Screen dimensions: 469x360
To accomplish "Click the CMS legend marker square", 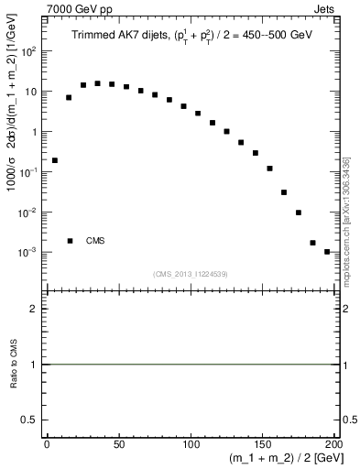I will pyautogui.click(x=71, y=241).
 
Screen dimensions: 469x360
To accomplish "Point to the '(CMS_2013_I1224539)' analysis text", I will pyautogui.click(x=190, y=273).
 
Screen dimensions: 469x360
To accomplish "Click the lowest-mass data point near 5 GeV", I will pyautogui.click(x=54, y=160).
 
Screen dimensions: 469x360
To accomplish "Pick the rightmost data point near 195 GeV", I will pyautogui.click(x=327, y=252).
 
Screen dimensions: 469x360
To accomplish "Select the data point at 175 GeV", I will pyautogui.click(x=299, y=213).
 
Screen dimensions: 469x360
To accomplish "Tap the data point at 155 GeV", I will pyautogui.click(x=270, y=169).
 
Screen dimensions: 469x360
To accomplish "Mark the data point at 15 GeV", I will pyautogui.click(x=69, y=97).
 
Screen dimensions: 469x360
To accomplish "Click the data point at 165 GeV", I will pyautogui.click(x=284, y=192).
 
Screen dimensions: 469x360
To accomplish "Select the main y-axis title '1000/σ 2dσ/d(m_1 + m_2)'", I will pyautogui.click(x=13, y=119).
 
